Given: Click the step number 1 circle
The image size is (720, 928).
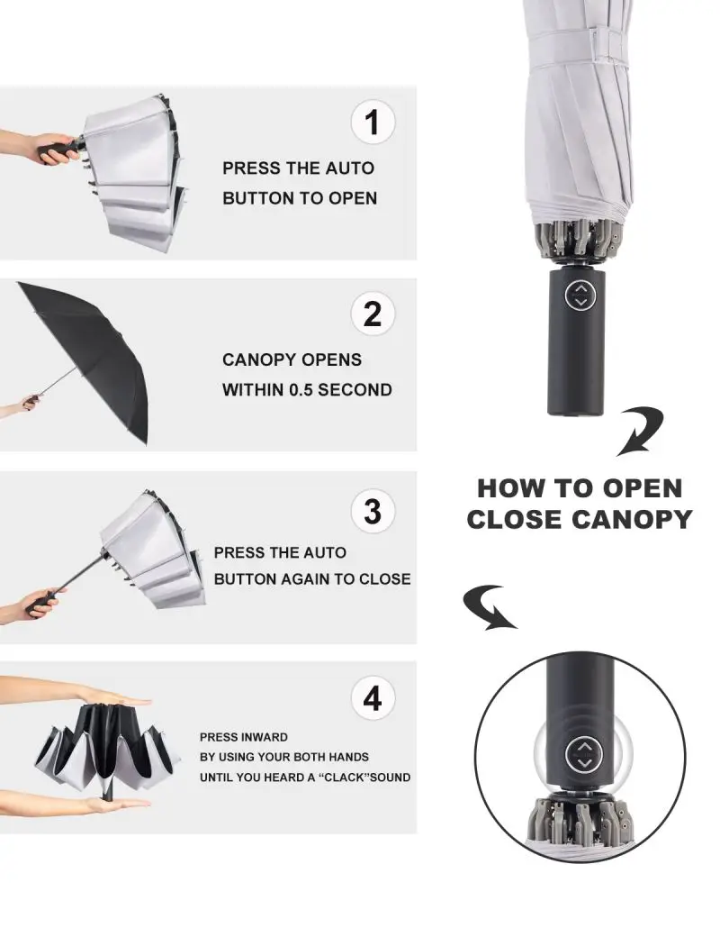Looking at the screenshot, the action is pyautogui.click(x=373, y=123).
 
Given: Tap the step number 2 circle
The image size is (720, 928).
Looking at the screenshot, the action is pyautogui.click(x=373, y=314).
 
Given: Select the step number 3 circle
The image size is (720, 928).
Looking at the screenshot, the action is pyautogui.click(x=373, y=511).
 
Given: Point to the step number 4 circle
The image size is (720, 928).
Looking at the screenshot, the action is pyautogui.click(x=373, y=698).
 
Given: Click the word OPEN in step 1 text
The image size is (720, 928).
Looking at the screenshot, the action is pyautogui.click(x=353, y=198).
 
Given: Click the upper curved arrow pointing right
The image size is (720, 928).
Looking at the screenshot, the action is pyautogui.click(x=640, y=431).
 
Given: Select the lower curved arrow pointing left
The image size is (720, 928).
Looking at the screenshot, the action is pyautogui.click(x=490, y=607).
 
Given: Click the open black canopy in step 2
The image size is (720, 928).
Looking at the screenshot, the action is pyautogui.click(x=89, y=355).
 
